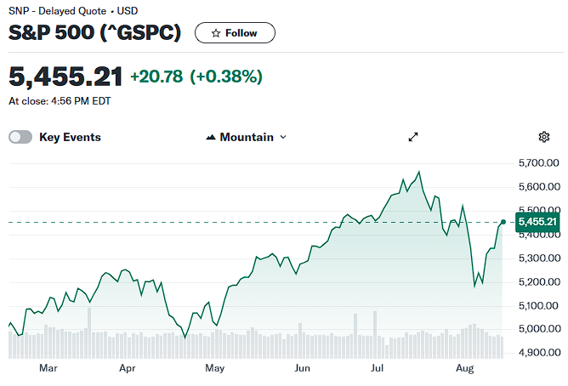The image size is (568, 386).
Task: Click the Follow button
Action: click(235, 33)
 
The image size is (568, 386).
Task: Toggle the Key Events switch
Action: click(20, 137)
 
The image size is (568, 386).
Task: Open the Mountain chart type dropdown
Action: click(247, 137)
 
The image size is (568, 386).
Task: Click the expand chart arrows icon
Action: click(413, 137)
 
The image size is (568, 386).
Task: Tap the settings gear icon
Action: click(543, 137)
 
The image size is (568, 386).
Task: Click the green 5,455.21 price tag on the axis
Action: click(537, 222)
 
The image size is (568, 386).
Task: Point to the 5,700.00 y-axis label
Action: click(538, 163)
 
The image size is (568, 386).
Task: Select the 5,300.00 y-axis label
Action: click(539, 258)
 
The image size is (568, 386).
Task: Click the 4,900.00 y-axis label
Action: click(539, 352)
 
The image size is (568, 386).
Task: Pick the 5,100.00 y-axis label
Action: click(538, 306)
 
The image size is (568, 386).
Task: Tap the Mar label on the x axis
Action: click(48, 368)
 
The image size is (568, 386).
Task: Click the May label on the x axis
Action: click(215, 368)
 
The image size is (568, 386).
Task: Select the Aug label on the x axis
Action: click(465, 369)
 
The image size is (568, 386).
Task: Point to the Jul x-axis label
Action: click(377, 368)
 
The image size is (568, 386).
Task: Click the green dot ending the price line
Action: click(503, 222)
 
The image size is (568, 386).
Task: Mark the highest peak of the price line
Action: click(419, 171)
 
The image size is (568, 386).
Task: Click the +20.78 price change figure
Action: click(156, 77)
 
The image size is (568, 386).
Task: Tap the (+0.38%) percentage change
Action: click(226, 77)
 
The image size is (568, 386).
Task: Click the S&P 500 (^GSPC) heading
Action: click(94, 32)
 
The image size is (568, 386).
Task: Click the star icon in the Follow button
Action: click(216, 33)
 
